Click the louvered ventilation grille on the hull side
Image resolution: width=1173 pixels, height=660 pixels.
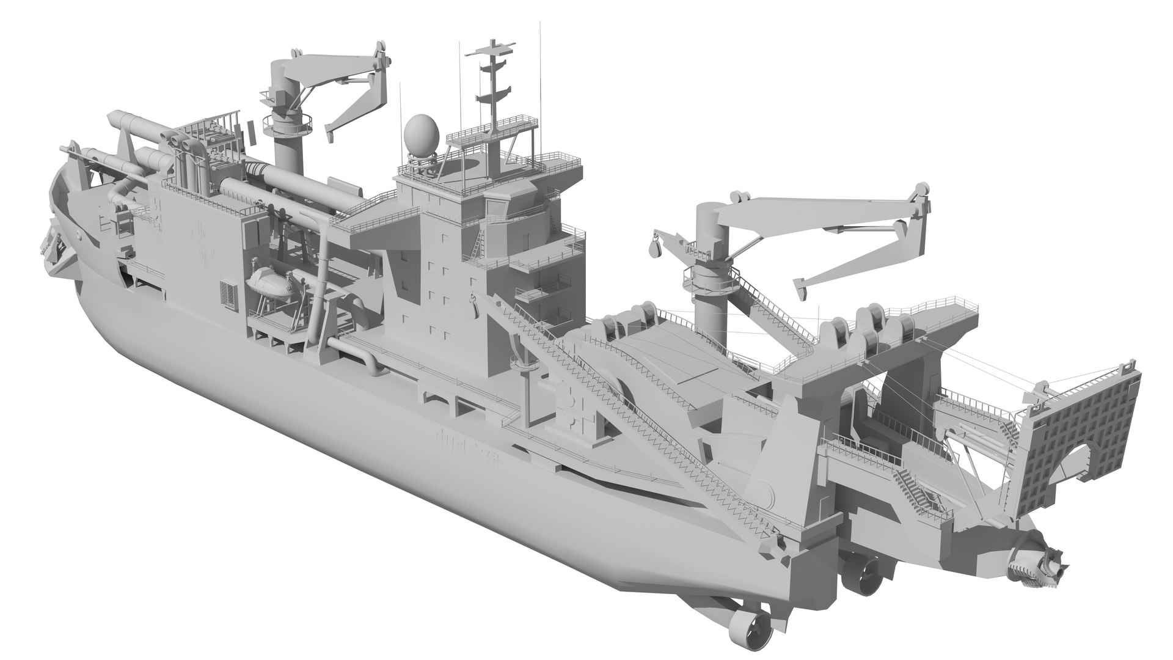(x=228, y=295)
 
